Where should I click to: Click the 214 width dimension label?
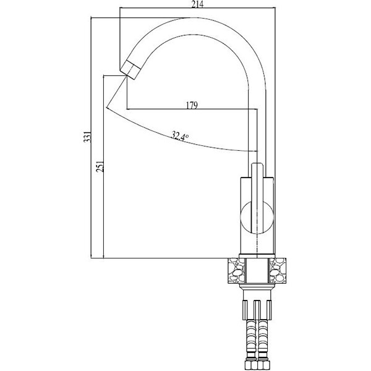pos(197,4)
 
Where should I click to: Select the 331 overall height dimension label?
pos(87,137)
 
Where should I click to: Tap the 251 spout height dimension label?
pos(100,166)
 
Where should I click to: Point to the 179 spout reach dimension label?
pos(192,105)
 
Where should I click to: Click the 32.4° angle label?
pos(180,136)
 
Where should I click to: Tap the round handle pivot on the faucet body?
pos(257,218)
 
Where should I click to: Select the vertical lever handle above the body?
pos(257,198)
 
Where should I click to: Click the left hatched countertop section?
pos(236,271)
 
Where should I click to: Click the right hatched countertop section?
pos(278,271)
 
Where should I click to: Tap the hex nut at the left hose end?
pos(251,365)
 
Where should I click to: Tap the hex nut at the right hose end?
pos(263,365)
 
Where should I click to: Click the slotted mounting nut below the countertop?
pos(257,310)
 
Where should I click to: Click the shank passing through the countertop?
pos(257,271)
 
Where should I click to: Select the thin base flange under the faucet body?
pos(257,256)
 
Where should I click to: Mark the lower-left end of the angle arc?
pos(107,107)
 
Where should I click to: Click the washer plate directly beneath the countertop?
pos(257,286)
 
